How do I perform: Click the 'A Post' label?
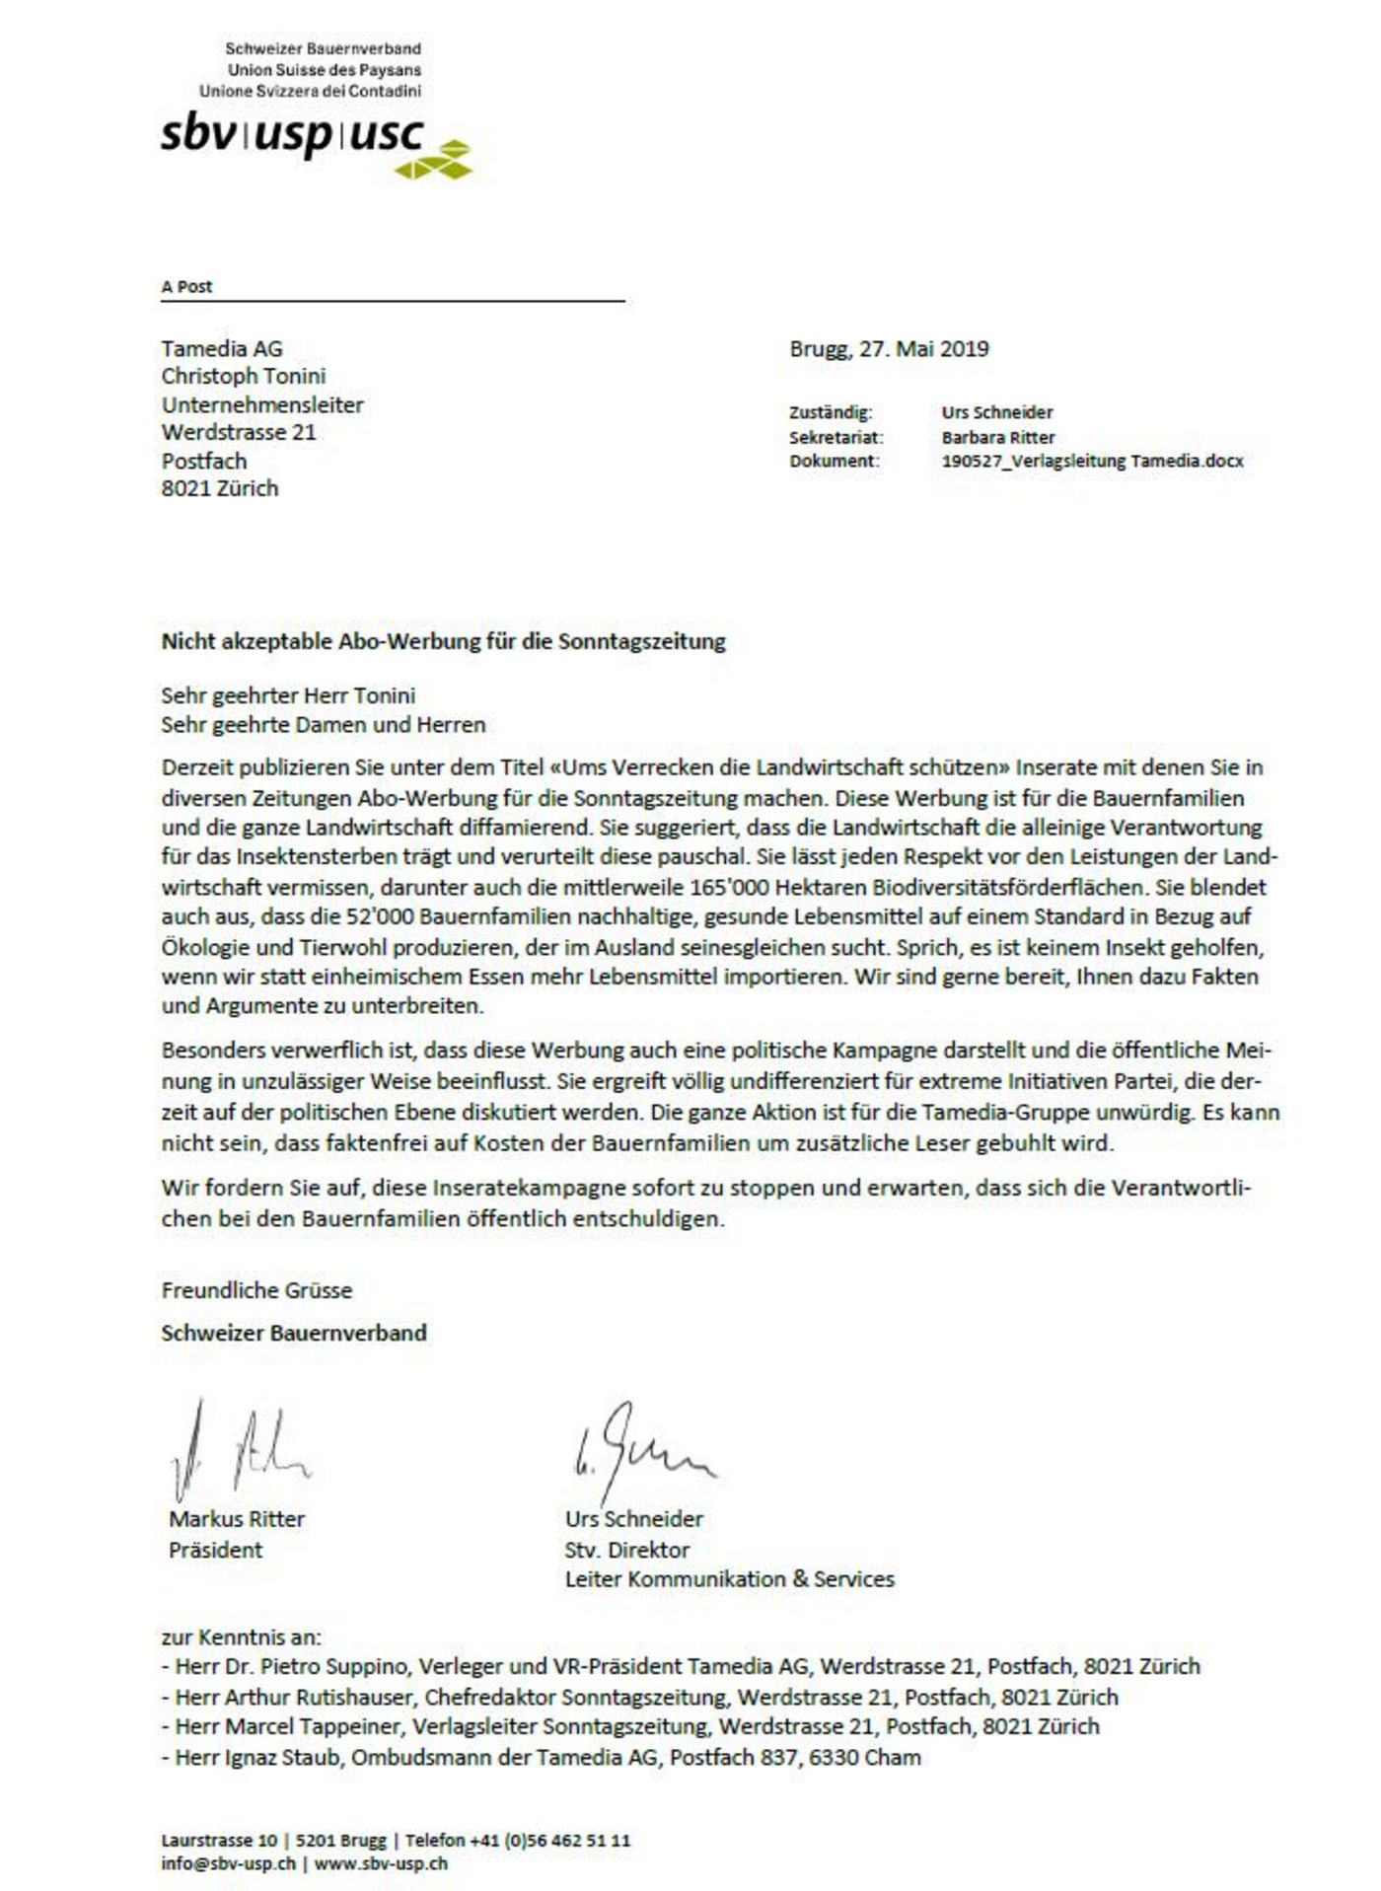point(186,287)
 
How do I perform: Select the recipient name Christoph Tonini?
point(244,376)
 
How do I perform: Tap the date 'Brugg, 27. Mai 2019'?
point(889,348)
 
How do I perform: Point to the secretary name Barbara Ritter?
point(997,437)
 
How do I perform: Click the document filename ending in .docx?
point(1092,461)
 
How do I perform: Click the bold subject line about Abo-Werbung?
point(443,641)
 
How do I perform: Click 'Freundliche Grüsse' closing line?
point(256,1290)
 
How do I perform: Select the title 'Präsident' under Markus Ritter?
point(215,1550)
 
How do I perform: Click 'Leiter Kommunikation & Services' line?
point(729,1579)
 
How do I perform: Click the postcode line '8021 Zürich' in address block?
point(220,488)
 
